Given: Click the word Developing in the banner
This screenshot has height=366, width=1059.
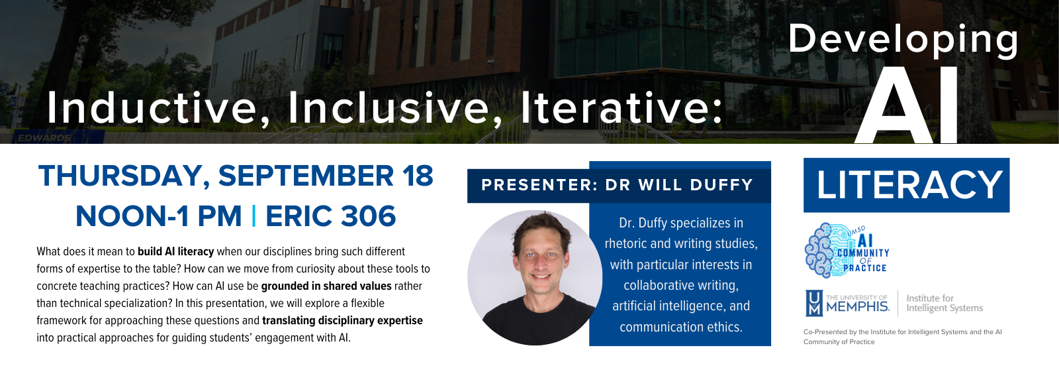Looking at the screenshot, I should tap(903, 39).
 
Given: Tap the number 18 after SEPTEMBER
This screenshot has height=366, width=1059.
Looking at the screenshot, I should tap(418, 176).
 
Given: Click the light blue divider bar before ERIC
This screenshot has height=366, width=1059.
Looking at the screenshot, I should tap(254, 216).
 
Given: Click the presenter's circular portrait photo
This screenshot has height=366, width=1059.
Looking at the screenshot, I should tap(535, 278).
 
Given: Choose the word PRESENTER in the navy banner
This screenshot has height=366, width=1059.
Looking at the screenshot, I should tap(539, 185).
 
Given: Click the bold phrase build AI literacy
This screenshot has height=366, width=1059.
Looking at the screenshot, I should tap(175, 251).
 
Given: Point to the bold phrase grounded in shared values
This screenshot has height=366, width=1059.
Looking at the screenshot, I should tap(326, 286).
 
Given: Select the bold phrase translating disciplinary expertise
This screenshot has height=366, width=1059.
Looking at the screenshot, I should tap(342, 320).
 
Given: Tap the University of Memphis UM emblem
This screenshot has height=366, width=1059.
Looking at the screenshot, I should tap(814, 303).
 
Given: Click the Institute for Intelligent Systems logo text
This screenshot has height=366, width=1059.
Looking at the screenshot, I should tap(944, 303).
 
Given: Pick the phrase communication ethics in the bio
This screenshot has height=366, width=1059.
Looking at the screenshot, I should tap(680, 327).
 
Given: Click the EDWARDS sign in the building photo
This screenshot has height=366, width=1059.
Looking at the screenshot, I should tap(44, 138).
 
